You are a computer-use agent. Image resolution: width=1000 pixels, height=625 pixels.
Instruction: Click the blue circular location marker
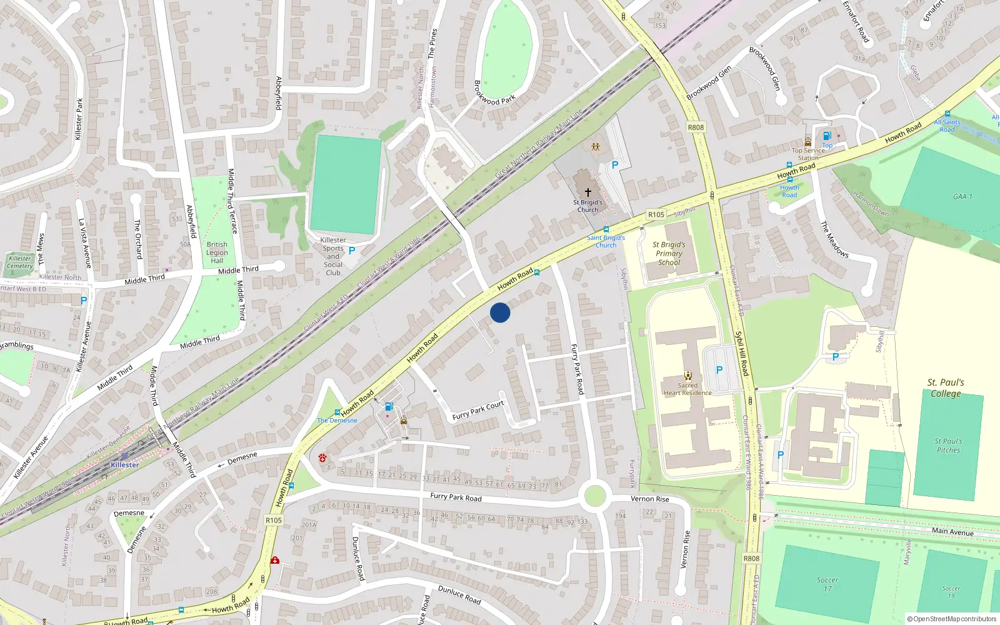500,312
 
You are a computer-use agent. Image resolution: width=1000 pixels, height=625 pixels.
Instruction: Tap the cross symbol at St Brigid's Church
587,192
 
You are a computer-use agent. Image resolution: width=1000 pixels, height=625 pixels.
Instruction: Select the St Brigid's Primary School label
669,254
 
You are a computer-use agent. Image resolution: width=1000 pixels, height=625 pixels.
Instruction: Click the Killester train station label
125,465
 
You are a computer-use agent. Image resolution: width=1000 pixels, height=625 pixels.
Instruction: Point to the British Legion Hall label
217,252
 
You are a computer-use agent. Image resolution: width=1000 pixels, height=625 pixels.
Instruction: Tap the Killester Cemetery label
20,262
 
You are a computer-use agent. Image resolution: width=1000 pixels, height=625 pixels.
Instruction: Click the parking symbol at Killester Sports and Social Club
352,251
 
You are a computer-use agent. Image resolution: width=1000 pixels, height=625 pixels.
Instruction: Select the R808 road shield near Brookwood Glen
696,127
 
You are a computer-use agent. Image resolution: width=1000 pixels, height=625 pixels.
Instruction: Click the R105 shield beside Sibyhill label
656,214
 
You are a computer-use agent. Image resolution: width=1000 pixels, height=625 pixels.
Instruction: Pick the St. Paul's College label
946,387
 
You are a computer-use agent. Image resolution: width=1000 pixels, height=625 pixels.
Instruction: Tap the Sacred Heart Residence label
687,389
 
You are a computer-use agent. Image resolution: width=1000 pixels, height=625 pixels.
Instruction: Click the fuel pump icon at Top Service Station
827,136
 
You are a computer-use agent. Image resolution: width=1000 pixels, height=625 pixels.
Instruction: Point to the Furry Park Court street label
478,411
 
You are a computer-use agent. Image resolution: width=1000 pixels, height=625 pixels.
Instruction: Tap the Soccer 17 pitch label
827,584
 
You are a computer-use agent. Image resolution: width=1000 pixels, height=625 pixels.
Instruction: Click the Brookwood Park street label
494,92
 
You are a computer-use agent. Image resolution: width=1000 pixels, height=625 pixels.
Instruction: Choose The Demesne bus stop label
337,421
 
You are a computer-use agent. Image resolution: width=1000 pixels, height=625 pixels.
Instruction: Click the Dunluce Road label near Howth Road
358,558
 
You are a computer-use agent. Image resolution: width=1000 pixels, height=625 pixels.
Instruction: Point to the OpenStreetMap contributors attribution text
952,619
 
